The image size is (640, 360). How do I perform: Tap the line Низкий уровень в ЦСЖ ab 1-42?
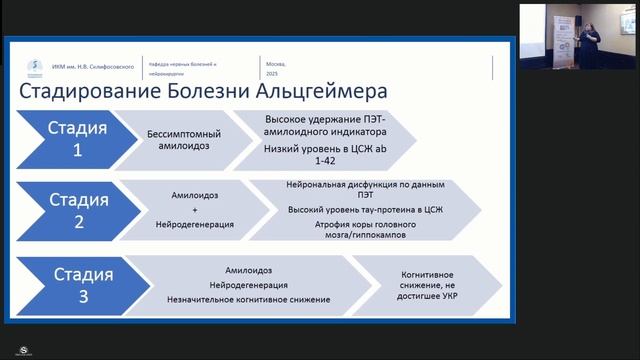click(x=318, y=154)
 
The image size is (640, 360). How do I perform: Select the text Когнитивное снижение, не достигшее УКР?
click(x=430, y=284)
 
